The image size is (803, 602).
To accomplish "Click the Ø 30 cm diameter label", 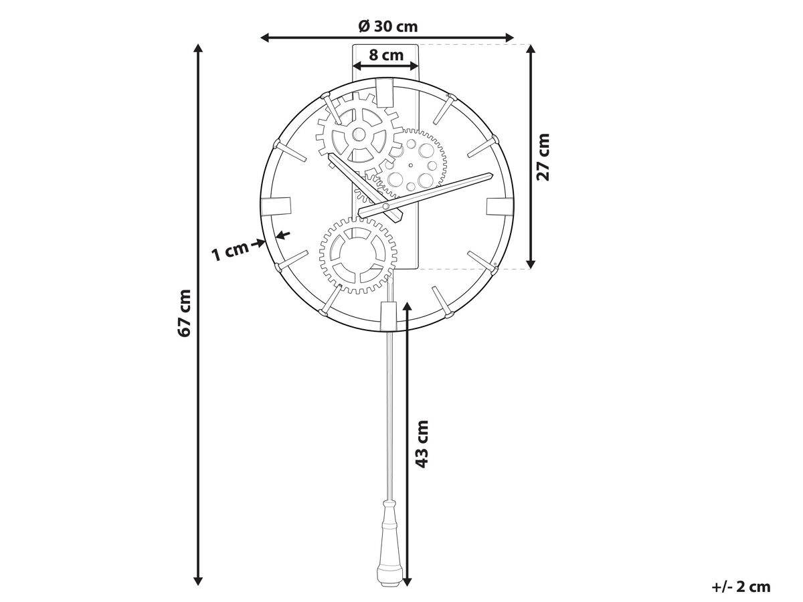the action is point(387,26).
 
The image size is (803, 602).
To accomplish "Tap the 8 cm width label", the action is point(386,56).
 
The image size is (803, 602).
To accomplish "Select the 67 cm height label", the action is point(184,313).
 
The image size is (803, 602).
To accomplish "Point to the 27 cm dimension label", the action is point(543,157).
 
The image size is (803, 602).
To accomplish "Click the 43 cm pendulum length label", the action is point(422,443).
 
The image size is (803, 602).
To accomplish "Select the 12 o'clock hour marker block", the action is point(385,92).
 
